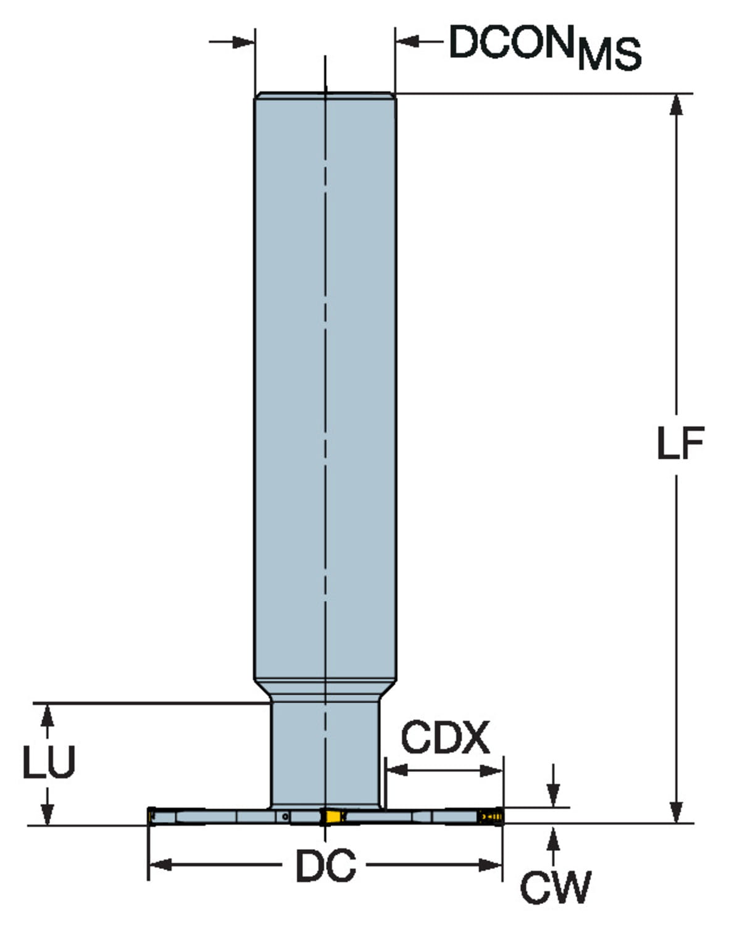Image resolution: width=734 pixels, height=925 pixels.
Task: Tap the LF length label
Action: point(680,443)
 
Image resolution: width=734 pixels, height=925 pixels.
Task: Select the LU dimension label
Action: point(49,762)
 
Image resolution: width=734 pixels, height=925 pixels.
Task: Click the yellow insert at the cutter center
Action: point(333,816)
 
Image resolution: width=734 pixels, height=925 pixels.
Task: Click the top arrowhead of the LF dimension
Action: point(677,105)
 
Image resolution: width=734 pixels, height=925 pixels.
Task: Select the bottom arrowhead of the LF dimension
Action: point(677,812)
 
